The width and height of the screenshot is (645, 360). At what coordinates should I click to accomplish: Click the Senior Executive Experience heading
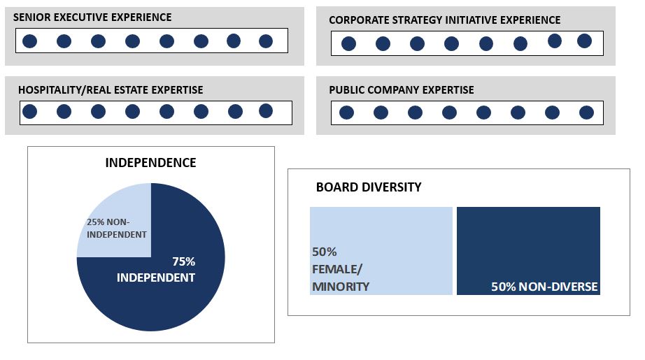(x=92, y=17)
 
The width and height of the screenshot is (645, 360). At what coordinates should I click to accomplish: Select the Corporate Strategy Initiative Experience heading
(x=444, y=20)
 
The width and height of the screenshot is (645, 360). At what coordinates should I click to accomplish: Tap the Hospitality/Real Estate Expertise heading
(x=111, y=90)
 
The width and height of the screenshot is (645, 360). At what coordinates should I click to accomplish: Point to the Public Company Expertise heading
(x=401, y=90)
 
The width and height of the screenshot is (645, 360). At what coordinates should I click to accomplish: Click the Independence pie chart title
(x=150, y=163)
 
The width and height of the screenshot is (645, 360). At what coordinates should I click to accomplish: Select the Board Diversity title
(x=369, y=187)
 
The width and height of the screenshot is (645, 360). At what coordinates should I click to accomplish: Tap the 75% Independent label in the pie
(x=156, y=269)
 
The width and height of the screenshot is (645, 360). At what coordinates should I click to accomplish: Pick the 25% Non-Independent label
(x=116, y=228)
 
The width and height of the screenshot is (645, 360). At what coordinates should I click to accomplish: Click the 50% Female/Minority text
(x=341, y=269)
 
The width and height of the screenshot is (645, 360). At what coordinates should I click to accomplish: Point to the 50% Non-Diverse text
(x=544, y=287)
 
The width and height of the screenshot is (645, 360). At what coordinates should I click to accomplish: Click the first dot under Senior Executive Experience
(x=29, y=41)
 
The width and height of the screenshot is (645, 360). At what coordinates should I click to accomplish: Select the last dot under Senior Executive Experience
(x=266, y=41)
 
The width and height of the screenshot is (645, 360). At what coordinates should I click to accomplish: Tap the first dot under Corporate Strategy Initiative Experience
(x=348, y=44)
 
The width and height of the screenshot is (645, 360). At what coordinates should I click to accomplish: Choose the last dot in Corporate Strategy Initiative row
(x=585, y=41)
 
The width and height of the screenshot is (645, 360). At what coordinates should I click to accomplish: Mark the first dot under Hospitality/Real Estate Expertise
(x=29, y=111)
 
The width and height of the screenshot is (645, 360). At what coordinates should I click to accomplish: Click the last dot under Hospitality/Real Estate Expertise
(x=266, y=110)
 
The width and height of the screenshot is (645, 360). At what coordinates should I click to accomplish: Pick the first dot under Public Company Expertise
(x=346, y=113)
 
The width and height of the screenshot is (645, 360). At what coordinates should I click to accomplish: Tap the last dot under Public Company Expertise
(x=586, y=113)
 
